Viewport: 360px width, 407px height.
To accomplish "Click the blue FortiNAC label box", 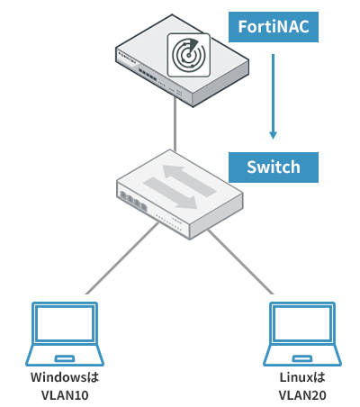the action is click(274, 27).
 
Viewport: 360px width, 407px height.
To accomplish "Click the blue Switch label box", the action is click(274, 167).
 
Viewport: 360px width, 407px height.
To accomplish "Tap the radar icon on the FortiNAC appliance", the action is click(189, 55).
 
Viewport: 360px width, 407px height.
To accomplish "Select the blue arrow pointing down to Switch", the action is click(273, 96).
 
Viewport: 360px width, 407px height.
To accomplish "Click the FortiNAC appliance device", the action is click(182, 60).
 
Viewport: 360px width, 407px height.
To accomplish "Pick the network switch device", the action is click(179, 194).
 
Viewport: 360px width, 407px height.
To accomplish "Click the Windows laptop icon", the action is click(65, 334).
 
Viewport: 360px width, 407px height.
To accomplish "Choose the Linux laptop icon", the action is click(302, 334).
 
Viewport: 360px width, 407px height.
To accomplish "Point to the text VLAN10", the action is click(65, 395).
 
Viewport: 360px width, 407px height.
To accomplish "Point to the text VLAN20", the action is click(302, 395).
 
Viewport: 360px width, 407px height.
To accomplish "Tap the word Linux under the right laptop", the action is click(295, 377).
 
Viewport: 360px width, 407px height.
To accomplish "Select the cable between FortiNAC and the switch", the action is click(175, 124).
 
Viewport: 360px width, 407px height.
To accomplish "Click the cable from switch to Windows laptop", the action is click(121, 258).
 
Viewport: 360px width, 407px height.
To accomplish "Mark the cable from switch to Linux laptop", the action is click(240, 262).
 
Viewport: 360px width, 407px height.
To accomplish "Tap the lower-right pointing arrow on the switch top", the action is click(170, 193).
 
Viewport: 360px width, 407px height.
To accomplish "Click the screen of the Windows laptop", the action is click(65, 323).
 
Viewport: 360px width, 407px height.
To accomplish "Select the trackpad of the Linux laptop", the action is click(302, 358).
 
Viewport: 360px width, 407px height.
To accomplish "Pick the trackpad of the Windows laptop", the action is click(65, 358).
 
